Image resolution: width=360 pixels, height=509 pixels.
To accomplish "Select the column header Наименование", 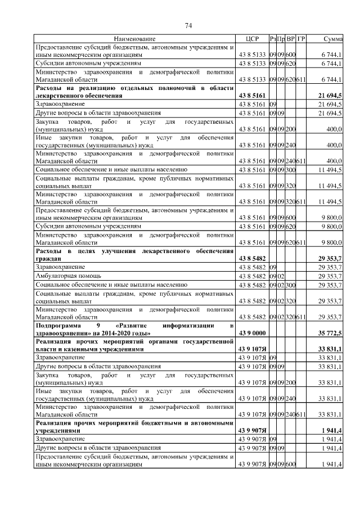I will click(134, 39).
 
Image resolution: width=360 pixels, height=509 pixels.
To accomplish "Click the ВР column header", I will click(290, 39).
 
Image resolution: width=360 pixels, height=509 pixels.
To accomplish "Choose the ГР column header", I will click(301, 39).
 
